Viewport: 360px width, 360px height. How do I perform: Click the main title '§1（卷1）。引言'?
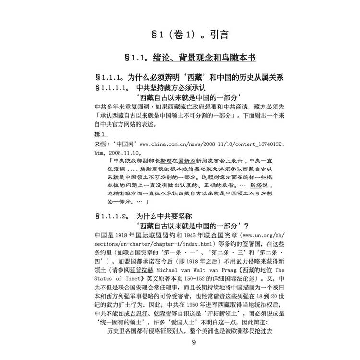coord(180,35)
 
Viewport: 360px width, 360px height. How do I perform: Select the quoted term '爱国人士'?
coord(187,323)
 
